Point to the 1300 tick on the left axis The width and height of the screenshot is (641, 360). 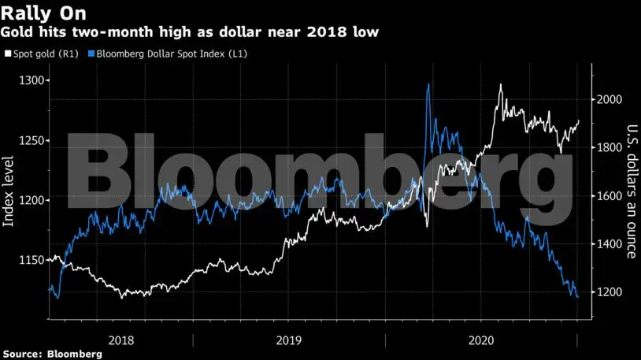pyautogui.click(x=34, y=81)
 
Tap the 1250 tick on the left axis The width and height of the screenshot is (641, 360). pyautogui.click(x=34, y=141)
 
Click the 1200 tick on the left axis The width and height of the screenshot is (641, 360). pyautogui.click(x=34, y=200)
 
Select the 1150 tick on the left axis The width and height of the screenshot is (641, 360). pyautogui.click(x=34, y=259)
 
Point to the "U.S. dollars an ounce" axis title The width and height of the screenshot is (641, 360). pyautogui.click(x=631, y=191)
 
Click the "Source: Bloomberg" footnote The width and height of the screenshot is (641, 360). pyautogui.click(x=52, y=354)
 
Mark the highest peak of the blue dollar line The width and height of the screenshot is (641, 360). pyautogui.click(x=428, y=84)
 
